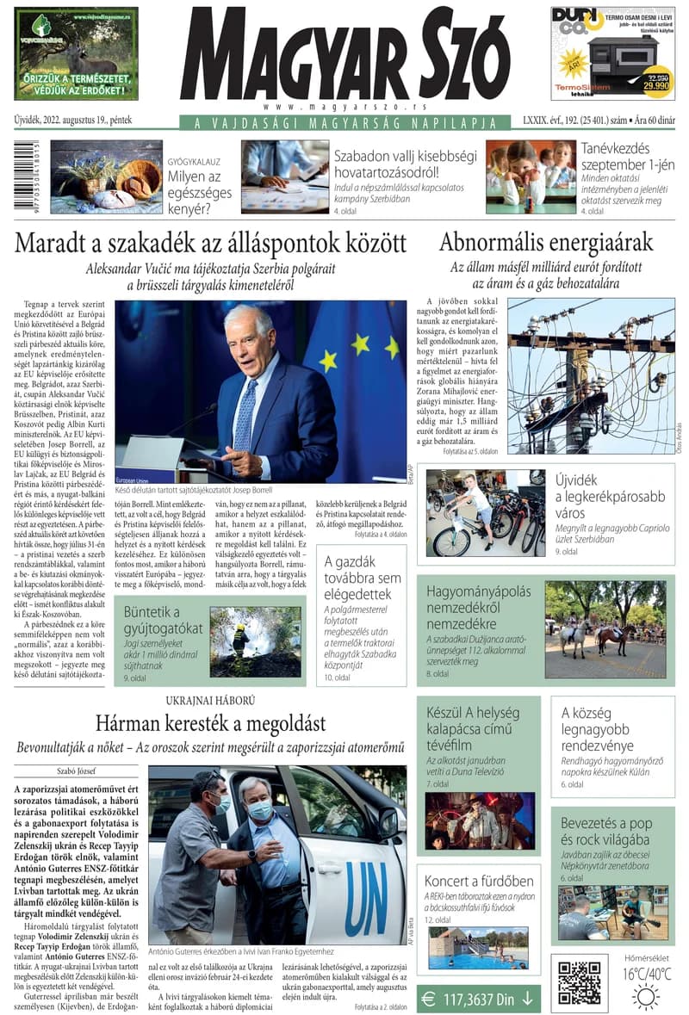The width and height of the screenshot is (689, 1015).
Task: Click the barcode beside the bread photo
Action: click(x=20, y=177)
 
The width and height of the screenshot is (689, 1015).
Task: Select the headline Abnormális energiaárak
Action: click(x=546, y=242)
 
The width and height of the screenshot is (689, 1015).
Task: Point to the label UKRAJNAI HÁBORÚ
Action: click(x=211, y=701)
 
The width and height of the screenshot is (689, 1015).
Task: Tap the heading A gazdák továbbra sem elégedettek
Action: click(x=363, y=578)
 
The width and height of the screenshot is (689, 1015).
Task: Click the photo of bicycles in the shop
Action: click(x=486, y=513)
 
